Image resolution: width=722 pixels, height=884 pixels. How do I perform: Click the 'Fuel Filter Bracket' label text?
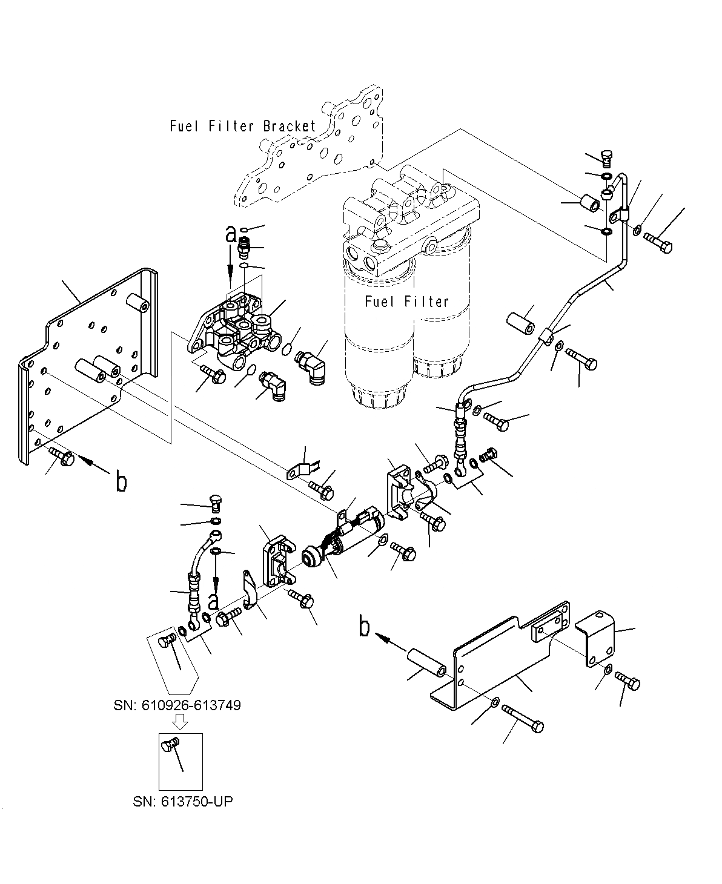point(243,126)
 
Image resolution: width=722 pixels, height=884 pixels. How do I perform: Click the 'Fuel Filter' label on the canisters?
point(406,302)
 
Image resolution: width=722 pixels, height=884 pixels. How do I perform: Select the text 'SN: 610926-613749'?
point(177,705)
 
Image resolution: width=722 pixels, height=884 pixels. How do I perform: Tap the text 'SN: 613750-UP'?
point(182,802)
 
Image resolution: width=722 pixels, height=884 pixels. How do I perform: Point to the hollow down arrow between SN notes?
point(181,721)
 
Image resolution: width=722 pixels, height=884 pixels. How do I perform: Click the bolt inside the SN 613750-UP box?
point(170,747)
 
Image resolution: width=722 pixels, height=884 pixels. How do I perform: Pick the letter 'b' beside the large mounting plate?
point(121,481)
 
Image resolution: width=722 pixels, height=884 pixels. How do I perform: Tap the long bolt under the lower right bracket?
point(523,718)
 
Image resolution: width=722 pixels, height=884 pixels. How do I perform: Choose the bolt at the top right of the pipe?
point(607,157)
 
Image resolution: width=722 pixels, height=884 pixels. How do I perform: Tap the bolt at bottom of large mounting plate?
point(62,457)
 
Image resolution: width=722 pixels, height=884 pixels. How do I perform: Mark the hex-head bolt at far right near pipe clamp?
point(658,242)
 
